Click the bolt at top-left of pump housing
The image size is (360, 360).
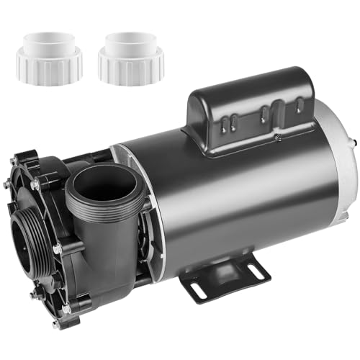click(x=35, y=186)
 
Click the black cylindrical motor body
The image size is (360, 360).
click(x=230, y=202)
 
